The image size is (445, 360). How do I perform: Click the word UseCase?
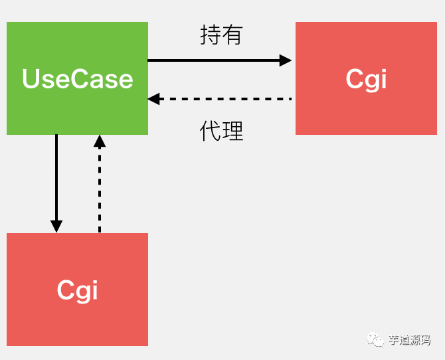[x=77, y=79]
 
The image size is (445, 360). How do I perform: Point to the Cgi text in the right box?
[x=366, y=79]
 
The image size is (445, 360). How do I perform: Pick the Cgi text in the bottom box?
[x=77, y=290]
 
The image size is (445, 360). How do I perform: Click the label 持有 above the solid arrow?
[x=221, y=35]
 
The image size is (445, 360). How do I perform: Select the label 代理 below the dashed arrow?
[x=221, y=131]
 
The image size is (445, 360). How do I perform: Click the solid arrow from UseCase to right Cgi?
[x=213, y=60]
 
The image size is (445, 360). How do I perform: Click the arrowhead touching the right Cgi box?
[x=286, y=60]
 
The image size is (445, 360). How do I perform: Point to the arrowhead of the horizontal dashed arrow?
[x=154, y=99]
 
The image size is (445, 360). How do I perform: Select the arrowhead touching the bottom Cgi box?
[x=56, y=226]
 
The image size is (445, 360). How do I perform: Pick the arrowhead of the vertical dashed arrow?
[x=100, y=141]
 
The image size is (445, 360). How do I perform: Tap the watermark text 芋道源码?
[x=409, y=340]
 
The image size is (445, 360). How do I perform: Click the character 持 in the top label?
[x=211, y=35]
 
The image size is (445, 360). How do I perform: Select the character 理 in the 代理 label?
[x=232, y=131]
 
